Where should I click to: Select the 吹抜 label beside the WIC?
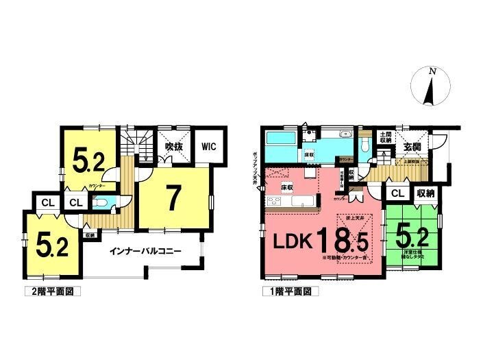pos(173,146)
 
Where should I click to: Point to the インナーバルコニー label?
pos(145,251)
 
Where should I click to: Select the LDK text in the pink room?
pos(295,241)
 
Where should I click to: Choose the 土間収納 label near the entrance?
pos(385,137)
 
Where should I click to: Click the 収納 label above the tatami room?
pos(425,193)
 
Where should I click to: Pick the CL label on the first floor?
pos(397,193)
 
